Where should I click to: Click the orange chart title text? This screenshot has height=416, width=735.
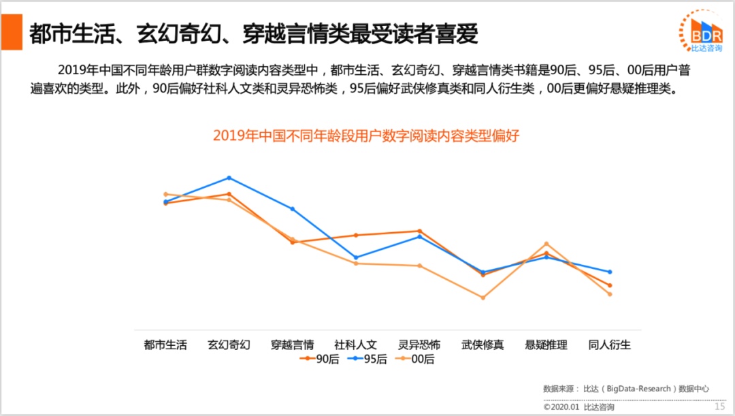tap(366, 135)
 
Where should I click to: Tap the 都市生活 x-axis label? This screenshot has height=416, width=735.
tap(165, 345)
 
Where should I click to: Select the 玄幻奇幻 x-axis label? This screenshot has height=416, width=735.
tap(229, 345)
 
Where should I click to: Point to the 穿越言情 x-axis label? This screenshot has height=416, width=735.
tap(292, 345)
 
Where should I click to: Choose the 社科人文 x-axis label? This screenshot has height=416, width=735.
tap(355, 345)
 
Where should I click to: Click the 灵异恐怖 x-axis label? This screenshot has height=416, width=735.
tap(419, 345)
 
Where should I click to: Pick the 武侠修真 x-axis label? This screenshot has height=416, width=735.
tap(483, 345)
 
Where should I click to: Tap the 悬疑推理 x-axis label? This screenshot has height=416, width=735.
tap(546, 345)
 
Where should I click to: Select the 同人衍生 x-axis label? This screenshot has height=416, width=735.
tap(609, 345)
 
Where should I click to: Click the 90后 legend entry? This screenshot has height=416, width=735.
tap(319, 359)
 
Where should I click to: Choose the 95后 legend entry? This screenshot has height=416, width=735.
tap(367, 359)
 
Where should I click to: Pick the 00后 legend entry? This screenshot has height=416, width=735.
tap(415, 359)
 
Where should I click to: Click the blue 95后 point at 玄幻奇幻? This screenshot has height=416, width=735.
tap(229, 178)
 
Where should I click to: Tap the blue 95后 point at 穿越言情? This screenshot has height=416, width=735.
tap(293, 209)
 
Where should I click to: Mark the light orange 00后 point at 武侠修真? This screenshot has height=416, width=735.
tap(483, 298)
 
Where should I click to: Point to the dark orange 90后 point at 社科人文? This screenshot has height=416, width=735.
tap(356, 235)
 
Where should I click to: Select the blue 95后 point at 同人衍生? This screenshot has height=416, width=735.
tap(610, 272)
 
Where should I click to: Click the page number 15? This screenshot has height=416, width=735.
tap(720, 406)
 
